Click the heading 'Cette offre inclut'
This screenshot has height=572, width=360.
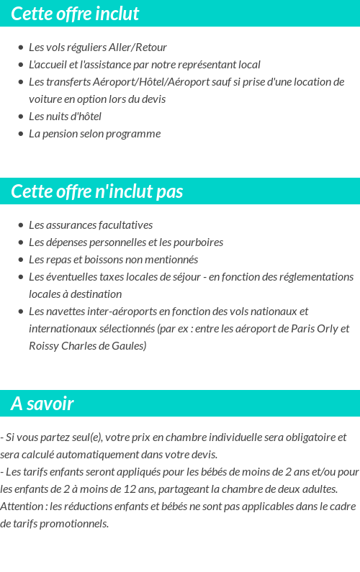(x=75, y=14)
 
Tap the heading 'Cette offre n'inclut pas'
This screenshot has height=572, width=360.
(x=97, y=191)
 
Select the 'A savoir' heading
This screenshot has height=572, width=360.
(x=42, y=404)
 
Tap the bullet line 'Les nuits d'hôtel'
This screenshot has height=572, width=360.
(x=65, y=117)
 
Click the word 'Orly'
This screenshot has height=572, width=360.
(x=325, y=329)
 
